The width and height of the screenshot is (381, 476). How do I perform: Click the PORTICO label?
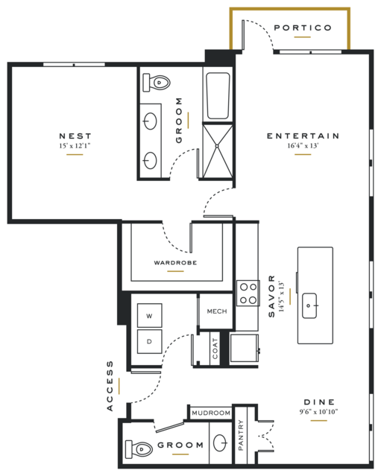(303, 28)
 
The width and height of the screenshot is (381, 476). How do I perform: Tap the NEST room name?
(75, 136)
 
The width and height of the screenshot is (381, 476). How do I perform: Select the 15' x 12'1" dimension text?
(75, 146)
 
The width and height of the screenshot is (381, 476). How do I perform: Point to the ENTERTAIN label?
(303, 136)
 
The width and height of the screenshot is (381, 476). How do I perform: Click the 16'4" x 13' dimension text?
(303, 145)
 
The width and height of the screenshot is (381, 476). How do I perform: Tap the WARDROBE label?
(175, 263)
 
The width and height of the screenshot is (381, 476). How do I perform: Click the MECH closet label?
(217, 311)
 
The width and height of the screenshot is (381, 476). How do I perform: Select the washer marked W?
(149, 315)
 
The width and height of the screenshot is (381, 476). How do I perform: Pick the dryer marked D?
(149, 341)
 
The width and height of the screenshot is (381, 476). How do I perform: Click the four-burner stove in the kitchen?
(248, 293)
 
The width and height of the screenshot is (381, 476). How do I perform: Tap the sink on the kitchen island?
(309, 305)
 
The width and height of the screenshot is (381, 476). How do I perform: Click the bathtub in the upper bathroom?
(218, 95)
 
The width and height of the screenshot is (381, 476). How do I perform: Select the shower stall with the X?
(218, 150)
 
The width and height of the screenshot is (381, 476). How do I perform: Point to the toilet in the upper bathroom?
(156, 82)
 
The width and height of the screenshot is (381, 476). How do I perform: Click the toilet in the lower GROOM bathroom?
(139, 449)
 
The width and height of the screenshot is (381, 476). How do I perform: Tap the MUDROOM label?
(211, 413)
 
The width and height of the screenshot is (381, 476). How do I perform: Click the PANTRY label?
(241, 435)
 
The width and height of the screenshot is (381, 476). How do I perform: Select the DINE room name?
(319, 402)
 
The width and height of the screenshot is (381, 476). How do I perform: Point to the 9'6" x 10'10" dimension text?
(318, 412)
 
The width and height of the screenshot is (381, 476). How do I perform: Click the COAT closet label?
(215, 349)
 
